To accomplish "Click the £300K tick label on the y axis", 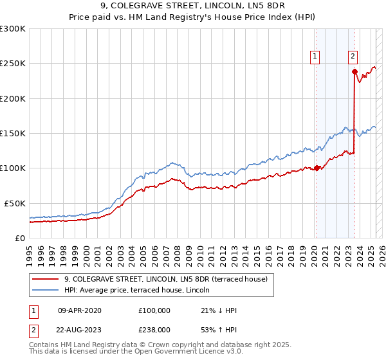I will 12,29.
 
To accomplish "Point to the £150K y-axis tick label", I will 12,133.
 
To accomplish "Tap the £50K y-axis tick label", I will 14,203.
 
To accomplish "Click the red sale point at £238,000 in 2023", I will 354,72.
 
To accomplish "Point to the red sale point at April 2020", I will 317,168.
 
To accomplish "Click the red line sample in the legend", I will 47,279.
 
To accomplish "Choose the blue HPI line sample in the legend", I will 47,290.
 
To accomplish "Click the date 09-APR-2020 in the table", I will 80,310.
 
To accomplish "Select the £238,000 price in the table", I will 154,330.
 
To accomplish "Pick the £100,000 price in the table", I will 154,310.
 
